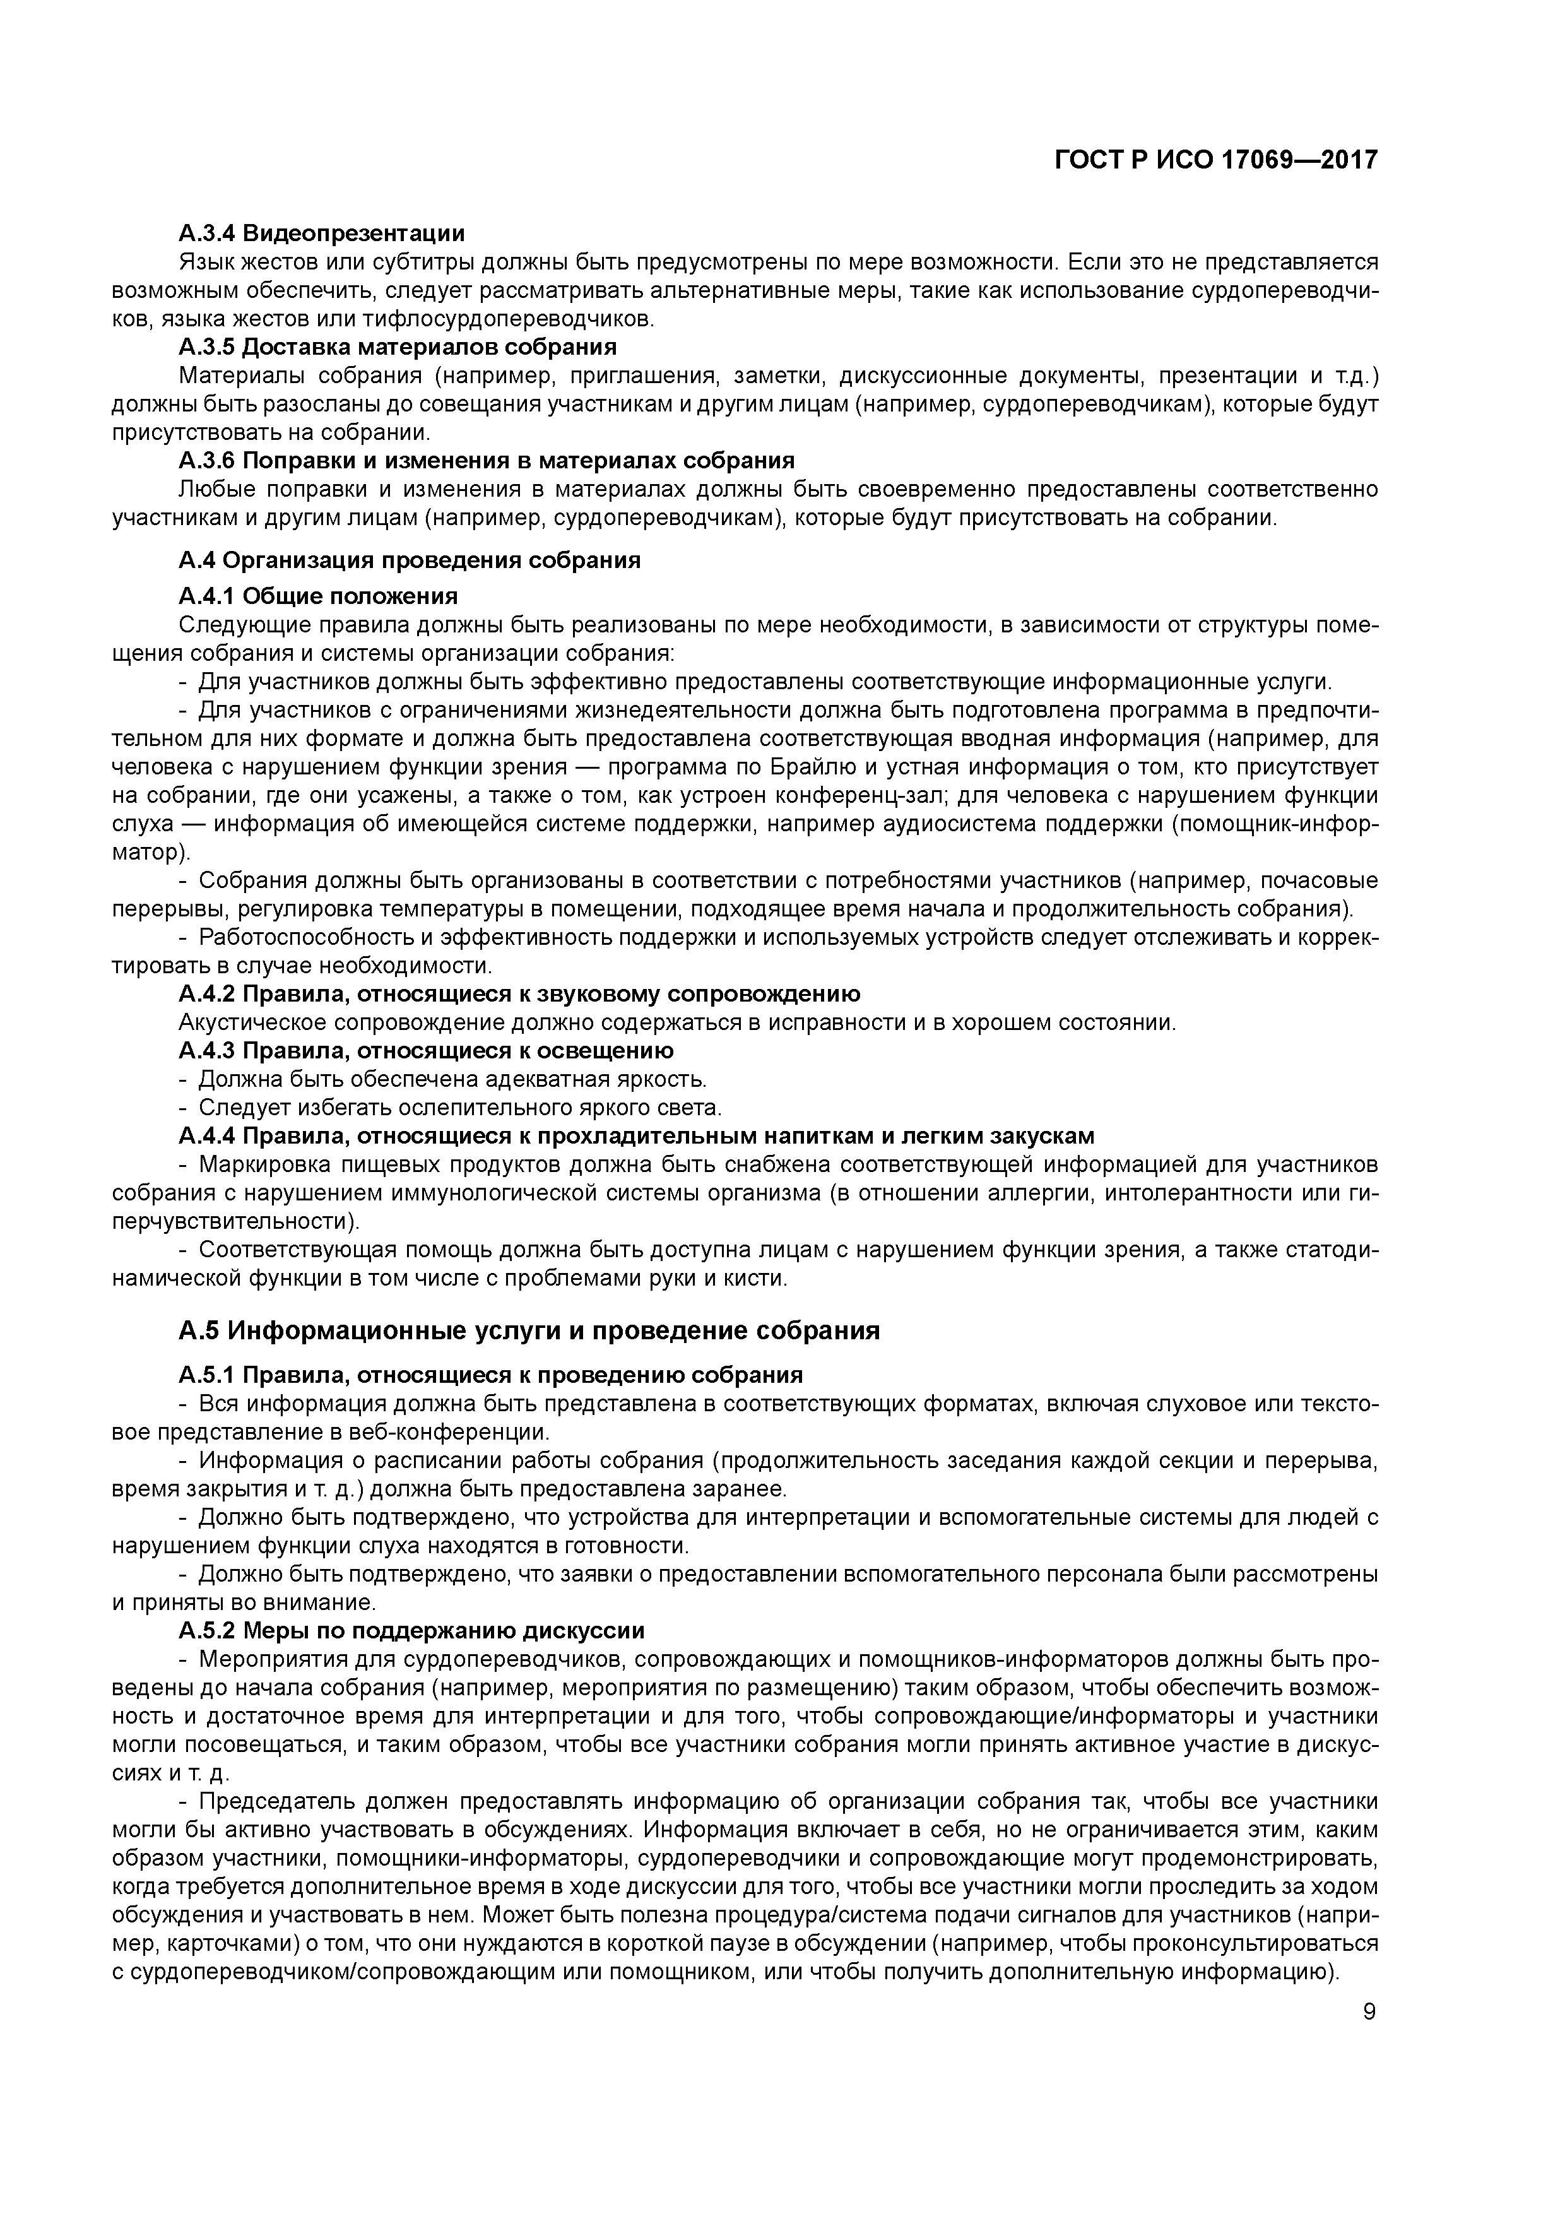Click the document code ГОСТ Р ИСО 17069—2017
tap(1216, 161)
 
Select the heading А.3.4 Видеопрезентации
tap(321, 234)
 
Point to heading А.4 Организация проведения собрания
tap(409, 560)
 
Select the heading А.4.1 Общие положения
tap(318, 595)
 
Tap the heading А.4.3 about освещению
tap(425, 1050)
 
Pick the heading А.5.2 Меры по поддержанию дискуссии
tap(411, 1631)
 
